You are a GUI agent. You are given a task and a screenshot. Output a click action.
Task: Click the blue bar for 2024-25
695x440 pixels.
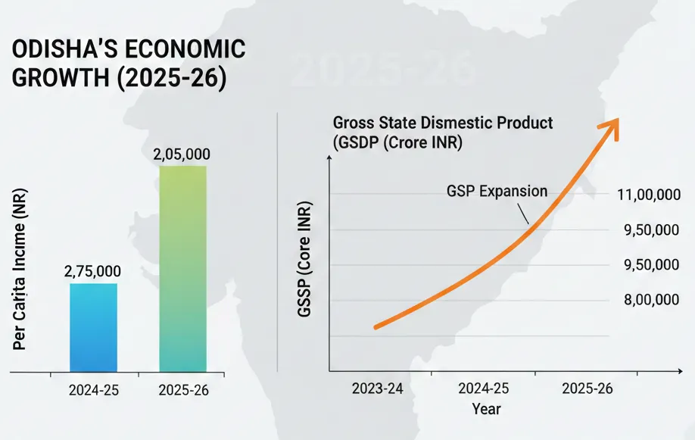pyautogui.click(x=93, y=327)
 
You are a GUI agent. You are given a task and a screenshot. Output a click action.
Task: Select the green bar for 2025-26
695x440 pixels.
pyautogui.click(x=182, y=268)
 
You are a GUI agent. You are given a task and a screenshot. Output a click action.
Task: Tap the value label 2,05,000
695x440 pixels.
pyautogui.click(x=182, y=154)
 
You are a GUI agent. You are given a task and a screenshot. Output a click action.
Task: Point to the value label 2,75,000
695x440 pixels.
pyautogui.click(x=92, y=271)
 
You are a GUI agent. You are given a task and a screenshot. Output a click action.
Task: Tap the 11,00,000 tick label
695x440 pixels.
pyautogui.click(x=648, y=195)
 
